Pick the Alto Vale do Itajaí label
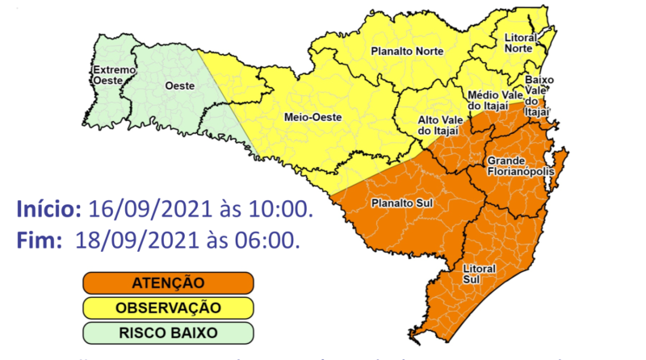(x=438, y=124)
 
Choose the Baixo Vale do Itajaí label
(x=539, y=95)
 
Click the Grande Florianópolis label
(x=520, y=167)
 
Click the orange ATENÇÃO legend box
(x=168, y=283)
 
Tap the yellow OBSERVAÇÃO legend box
(x=168, y=308)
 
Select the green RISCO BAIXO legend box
(x=168, y=332)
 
